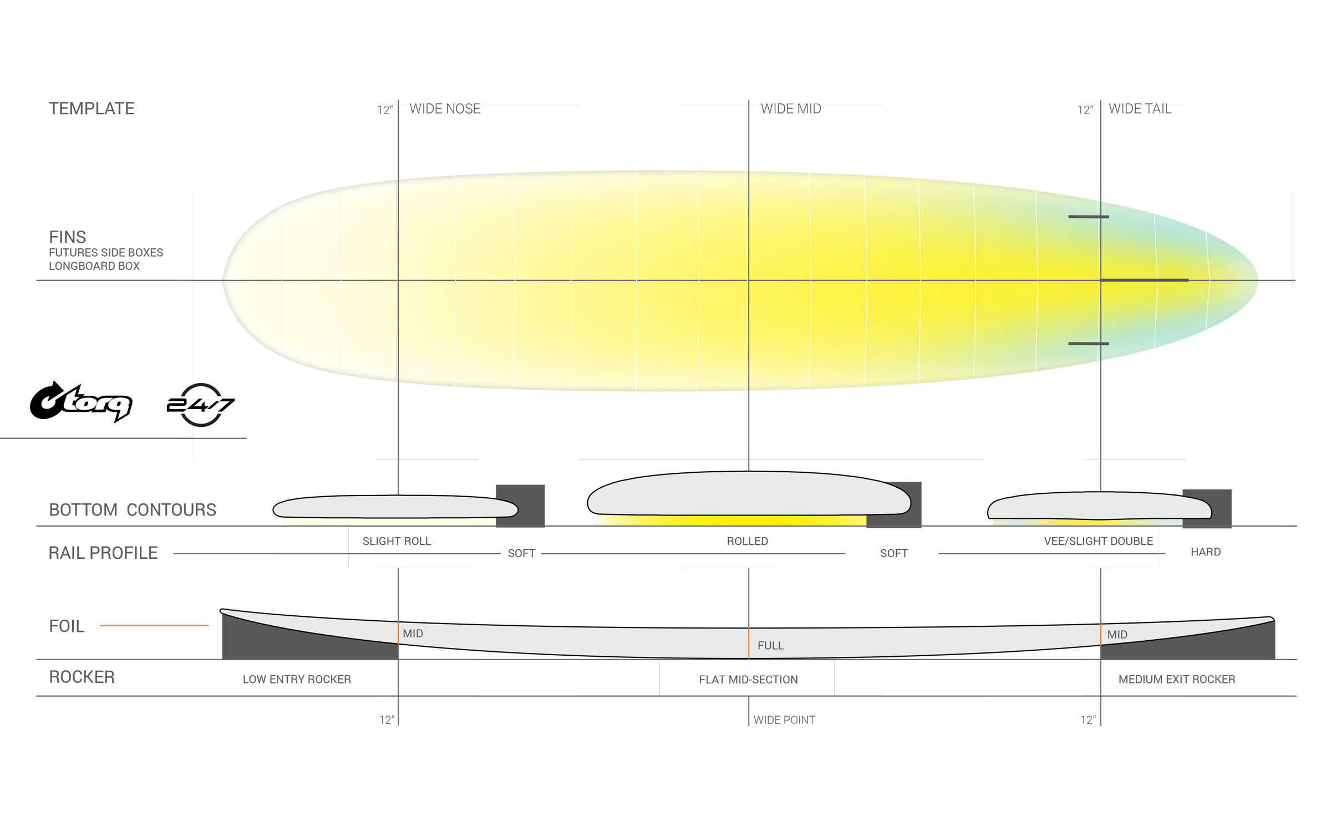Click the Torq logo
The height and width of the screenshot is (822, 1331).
click(81, 402)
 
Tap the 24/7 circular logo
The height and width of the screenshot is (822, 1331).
click(201, 405)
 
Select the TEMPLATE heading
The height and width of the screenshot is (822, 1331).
click(92, 109)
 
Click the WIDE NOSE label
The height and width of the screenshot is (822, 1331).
click(445, 109)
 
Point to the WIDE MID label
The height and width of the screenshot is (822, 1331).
click(791, 109)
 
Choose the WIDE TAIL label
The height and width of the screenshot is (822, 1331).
click(1140, 109)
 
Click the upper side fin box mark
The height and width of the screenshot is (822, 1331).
click(1089, 217)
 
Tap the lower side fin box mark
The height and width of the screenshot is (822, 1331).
click(1089, 344)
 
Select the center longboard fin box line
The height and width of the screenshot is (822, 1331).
click(1145, 280)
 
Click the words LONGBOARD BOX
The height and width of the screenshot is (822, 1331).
click(94, 266)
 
